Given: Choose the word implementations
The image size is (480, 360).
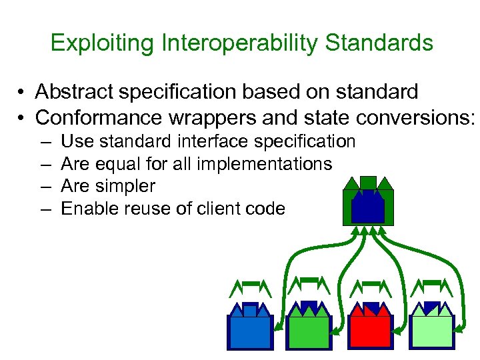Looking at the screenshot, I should point(266,164).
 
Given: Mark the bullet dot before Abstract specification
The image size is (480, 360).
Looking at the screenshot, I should point(22,92).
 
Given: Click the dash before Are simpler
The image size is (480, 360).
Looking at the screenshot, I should point(44,187).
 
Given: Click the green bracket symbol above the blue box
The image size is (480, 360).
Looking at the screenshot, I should point(250,287).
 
